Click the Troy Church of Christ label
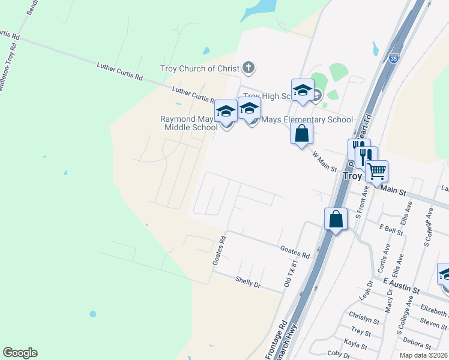[200, 68]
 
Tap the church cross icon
[249, 68]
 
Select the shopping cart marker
[376, 172]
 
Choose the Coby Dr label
[339, 354]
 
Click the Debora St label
[417, 344]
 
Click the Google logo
[20, 353]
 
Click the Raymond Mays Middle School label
[188, 123]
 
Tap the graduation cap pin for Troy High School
[303, 91]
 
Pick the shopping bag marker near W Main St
[302, 133]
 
